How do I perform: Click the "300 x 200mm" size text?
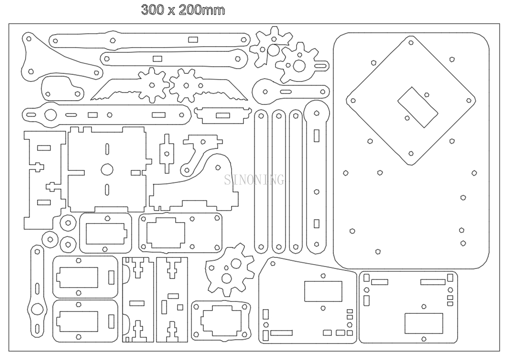coord(182,10)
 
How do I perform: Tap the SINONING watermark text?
coord(255,179)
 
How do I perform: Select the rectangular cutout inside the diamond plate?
coord(417,107)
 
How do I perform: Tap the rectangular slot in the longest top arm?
coord(193,39)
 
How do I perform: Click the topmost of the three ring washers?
coord(67,223)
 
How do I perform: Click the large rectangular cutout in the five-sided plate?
coord(319,291)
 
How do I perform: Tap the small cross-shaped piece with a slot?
coord(166,153)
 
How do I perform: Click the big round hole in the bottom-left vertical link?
coord(37,309)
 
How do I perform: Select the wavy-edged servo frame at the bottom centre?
coord(221,320)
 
